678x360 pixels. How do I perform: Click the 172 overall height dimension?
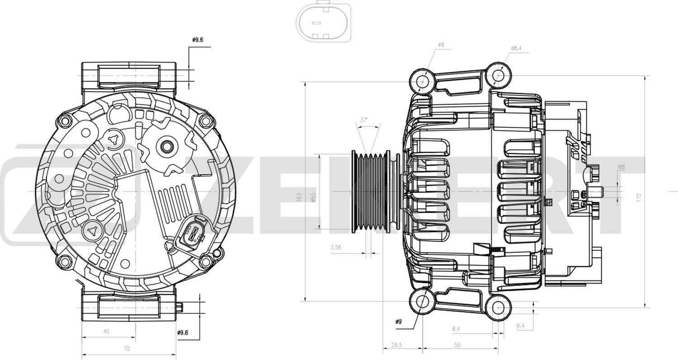(639, 197)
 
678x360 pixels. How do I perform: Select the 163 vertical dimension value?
(299, 197)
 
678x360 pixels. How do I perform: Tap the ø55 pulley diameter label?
(314, 197)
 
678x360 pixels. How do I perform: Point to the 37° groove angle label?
(363, 121)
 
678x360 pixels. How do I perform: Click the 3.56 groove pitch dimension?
(335, 247)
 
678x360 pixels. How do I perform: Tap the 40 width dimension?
(106, 331)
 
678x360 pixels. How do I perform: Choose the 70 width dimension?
(127, 348)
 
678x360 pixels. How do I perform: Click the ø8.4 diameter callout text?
(517, 48)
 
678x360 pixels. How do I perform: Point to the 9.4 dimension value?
(520, 325)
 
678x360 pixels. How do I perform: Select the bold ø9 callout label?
(398, 322)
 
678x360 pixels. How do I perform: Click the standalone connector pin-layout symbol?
(324, 22)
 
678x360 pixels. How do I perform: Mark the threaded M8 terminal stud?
(595, 192)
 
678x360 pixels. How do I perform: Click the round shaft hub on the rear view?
(165, 146)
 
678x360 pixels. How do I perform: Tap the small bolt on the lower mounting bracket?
(179, 307)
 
